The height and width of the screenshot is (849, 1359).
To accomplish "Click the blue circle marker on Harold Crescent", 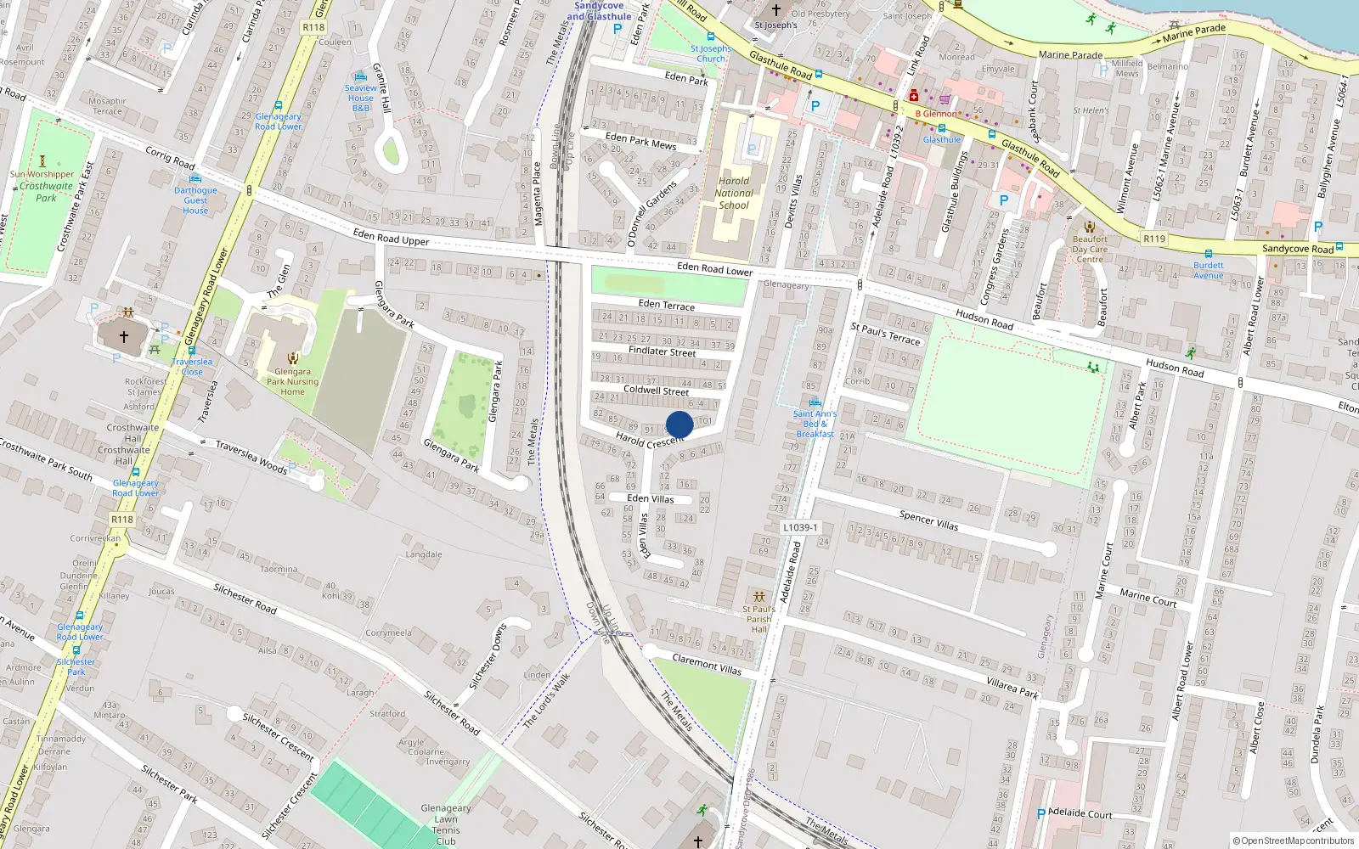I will click(x=679, y=424).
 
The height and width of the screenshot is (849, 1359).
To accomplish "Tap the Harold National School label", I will click(x=734, y=193).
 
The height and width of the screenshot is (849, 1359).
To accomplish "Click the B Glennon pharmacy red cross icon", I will click(x=913, y=96).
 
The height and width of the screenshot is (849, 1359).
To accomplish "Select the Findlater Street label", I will click(x=662, y=351).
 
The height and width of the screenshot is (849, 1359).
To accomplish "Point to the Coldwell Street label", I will click(x=656, y=391).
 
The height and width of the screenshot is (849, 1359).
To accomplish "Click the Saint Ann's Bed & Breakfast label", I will click(x=815, y=424).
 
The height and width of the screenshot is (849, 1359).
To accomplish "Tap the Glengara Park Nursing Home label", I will click(x=292, y=381).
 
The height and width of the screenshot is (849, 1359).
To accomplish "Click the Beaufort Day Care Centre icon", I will click(x=1090, y=227).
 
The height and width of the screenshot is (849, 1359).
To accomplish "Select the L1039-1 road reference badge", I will click(x=800, y=527).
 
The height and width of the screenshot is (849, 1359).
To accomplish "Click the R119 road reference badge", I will click(x=1154, y=239).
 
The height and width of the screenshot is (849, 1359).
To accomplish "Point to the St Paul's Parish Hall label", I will click(x=758, y=619).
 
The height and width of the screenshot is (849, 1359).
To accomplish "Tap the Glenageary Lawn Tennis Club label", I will click(x=446, y=824).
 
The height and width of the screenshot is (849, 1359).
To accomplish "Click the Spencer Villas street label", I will click(x=928, y=520).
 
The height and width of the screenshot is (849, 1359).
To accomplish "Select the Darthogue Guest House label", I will click(x=195, y=200).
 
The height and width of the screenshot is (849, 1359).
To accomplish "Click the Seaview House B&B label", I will click(x=361, y=98).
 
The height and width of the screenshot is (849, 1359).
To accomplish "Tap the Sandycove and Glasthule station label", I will click(x=599, y=11).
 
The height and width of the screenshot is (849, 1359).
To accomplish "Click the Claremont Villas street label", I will click(x=707, y=664).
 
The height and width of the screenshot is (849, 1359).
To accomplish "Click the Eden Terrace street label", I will click(x=666, y=304).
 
